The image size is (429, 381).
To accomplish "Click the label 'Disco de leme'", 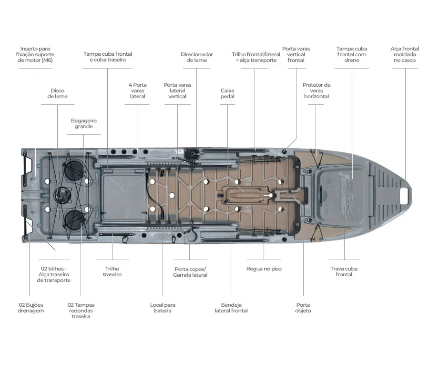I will pos(58,93).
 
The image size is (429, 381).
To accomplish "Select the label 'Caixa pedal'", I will pos(227,93).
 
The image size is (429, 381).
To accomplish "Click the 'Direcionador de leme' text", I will pos(196,58).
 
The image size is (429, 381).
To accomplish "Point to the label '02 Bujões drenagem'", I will pos(31,308).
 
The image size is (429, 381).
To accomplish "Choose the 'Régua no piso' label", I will pos(264,269).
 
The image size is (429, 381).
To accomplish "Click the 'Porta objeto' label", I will pos(303,308).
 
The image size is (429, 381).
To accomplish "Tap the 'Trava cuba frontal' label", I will pos(344,271).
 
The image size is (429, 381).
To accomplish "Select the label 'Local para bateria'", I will pos(163,308).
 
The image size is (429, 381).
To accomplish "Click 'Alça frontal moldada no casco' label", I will pos(405,55).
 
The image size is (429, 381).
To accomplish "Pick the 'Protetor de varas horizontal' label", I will pos(317,90).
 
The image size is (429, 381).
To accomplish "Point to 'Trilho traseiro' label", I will pos(112,271).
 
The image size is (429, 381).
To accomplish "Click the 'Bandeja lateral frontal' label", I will pos(231,308).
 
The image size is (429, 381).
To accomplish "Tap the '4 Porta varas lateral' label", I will pos(137,90).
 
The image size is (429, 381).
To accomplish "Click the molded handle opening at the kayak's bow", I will pos(405,193).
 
